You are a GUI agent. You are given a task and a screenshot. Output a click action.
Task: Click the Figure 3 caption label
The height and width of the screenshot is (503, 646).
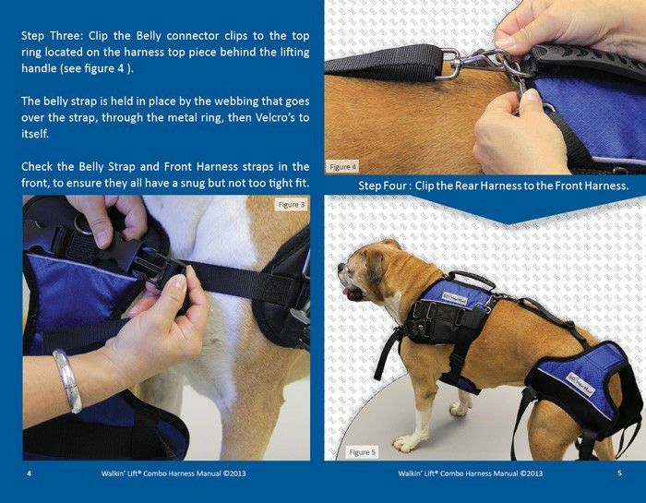pyautogui.click(x=292, y=205)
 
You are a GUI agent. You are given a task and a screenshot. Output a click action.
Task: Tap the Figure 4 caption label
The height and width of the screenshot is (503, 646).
pyautogui.click(x=342, y=167)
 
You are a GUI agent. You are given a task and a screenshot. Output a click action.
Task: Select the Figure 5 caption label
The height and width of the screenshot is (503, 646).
pyautogui.click(x=362, y=452)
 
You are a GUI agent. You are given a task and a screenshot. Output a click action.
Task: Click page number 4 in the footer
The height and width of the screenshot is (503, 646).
pyautogui.click(x=29, y=473)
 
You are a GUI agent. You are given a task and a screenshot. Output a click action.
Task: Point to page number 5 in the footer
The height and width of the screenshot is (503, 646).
pyautogui.click(x=619, y=473)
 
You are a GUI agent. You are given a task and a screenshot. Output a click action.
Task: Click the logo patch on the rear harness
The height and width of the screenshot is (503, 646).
pyautogui.click(x=580, y=384)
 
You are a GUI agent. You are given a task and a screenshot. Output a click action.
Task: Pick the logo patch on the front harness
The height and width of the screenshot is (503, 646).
pyautogui.click(x=455, y=297)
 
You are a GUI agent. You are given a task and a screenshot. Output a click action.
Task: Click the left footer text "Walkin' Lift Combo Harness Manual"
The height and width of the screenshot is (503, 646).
pyautogui.click(x=173, y=473)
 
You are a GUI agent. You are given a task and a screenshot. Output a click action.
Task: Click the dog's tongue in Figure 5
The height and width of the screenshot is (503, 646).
pyautogui.click(x=345, y=292)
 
